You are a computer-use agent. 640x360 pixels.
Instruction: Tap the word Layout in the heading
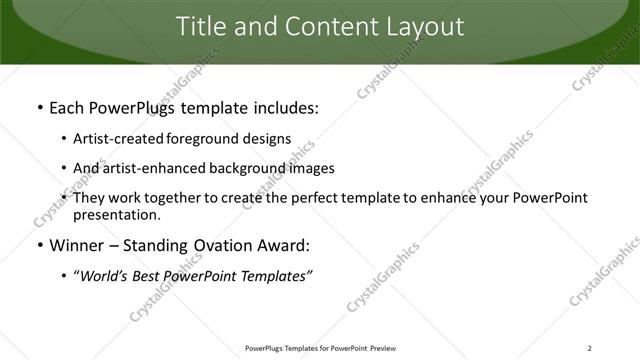pyautogui.click(x=421, y=27)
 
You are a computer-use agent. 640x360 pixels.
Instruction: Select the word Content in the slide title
pyautogui.click(x=317, y=27)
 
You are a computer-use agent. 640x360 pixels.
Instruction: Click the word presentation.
pyautogui.click(x=116, y=214)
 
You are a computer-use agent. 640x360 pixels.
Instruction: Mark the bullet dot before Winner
pyautogui.click(x=39, y=246)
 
